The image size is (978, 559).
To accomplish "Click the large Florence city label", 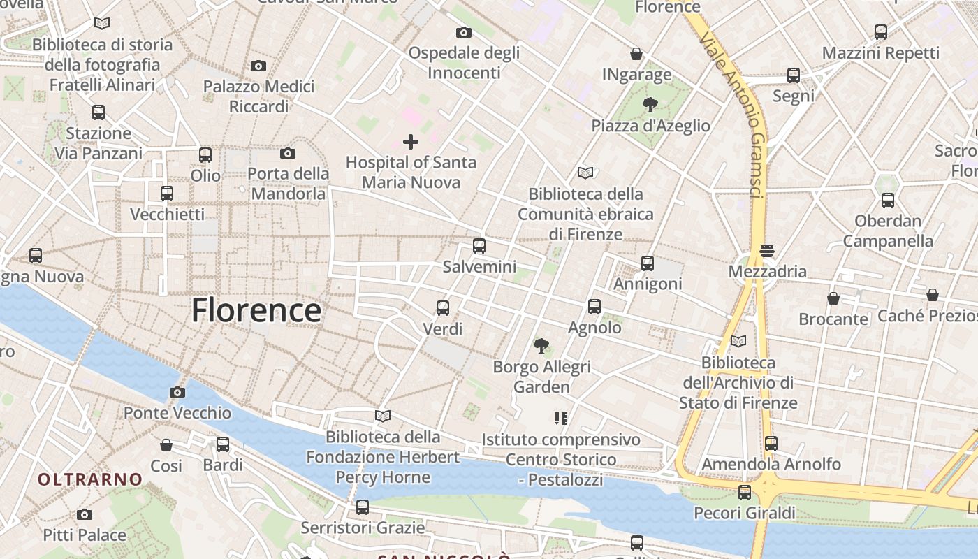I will pyautogui.click(x=256, y=310).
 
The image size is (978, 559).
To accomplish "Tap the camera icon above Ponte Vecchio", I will pyautogui.click(x=177, y=392).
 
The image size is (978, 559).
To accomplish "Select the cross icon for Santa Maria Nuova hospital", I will pyautogui.click(x=411, y=142).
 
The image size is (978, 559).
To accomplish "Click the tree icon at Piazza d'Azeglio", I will pyautogui.click(x=650, y=105).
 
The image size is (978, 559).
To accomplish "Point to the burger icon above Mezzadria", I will pyautogui.click(x=767, y=250).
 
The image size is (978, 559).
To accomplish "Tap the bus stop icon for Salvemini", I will pyautogui.click(x=479, y=246).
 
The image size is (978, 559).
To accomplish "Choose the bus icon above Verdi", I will pyautogui.click(x=443, y=307).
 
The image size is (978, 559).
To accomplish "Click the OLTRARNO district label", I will pyautogui.click(x=90, y=479).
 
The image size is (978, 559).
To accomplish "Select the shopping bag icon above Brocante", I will pyautogui.click(x=833, y=298).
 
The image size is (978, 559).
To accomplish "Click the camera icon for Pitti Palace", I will pyautogui.click(x=85, y=515).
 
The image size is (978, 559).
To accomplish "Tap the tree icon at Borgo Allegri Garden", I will pyautogui.click(x=541, y=345).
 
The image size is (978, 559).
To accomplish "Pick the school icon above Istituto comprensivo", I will pyautogui.click(x=560, y=419).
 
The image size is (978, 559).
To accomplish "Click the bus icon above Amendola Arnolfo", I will pyautogui.click(x=771, y=443).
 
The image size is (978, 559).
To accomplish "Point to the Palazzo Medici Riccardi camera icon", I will pyautogui.click(x=258, y=66).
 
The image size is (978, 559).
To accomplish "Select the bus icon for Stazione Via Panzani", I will pyautogui.click(x=98, y=112).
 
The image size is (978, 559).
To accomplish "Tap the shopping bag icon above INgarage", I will pyautogui.click(x=636, y=54).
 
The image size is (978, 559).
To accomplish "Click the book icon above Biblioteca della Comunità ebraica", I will pyautogui.click(x=585, y=173).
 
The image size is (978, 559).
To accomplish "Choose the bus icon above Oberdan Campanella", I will pyautogui.click(x=888, y=201).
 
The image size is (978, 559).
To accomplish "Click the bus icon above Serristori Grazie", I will pyautogui.click(x=363, y=507).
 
